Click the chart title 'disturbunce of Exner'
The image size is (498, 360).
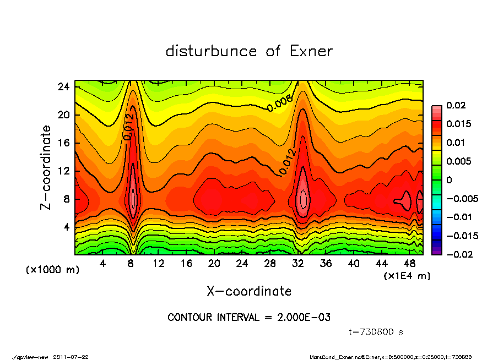click(x=249, y=51)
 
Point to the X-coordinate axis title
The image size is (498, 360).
click(x=249, y=291)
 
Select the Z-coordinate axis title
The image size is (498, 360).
click(x=46, y=167)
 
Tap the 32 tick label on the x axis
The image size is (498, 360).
click(x=298, y=264)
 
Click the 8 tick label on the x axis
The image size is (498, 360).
click(x=131, y=264)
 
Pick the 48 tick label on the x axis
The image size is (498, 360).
click(x=409, y=264)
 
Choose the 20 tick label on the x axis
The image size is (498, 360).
click(x=214, y=264)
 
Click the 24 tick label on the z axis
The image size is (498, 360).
click(x=63, y=87)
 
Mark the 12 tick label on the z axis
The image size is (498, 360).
click(x=63, y=171)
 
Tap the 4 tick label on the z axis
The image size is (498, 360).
click(x=66, y=227)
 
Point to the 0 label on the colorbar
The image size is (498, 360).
click(x=448, y=180)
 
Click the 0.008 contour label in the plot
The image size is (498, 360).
click(x=280, y=103)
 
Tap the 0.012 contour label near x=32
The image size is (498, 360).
click(x=287, y=161)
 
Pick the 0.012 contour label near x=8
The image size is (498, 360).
click(x=128, y=126)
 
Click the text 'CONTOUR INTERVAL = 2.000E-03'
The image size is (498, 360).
click(x=249, y=318)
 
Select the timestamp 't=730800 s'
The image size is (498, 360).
click(x=376, y=332)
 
